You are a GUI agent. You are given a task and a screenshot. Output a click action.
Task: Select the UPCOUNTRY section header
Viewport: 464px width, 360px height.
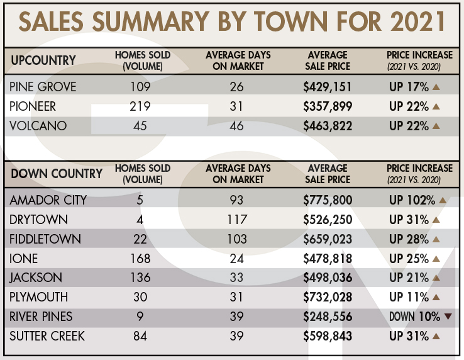[43, 60]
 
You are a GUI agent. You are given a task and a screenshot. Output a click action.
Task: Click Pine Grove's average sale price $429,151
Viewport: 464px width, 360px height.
[328, 86]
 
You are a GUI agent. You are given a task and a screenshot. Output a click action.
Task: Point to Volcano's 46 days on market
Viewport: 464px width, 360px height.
[236, 127]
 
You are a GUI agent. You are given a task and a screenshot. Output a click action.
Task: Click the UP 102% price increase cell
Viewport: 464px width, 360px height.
[412, 200]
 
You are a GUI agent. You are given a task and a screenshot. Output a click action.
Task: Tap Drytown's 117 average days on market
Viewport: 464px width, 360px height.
[236, 220]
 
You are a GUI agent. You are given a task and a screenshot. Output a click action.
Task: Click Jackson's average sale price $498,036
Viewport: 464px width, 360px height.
[328, 278]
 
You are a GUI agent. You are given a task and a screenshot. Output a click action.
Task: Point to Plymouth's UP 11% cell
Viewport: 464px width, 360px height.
[409, 298]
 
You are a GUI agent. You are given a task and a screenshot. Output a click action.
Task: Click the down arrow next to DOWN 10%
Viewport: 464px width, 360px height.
[448, 317]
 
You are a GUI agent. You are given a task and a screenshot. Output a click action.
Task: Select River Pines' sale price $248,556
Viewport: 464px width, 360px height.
[328, 317]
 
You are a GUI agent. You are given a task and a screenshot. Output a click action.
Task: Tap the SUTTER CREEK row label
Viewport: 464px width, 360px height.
[47, 337]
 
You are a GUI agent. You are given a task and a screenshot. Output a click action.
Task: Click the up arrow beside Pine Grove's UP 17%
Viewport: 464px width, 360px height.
[436, 86]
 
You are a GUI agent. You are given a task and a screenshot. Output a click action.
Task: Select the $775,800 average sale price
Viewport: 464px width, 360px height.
[328, 200]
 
